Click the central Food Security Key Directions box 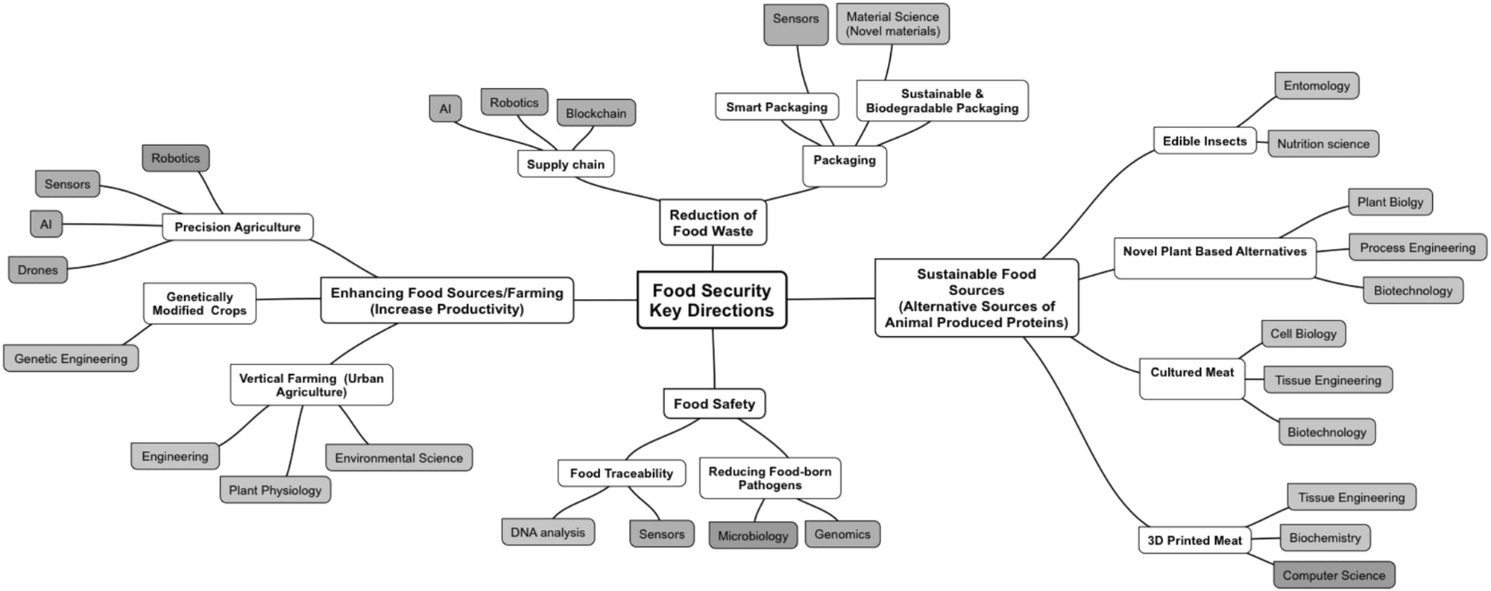pyautogui.click(x=712, y=300)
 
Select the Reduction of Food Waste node pyautogui.click(x=713, y=223)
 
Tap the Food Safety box pyautogui.click(x=714, y=404)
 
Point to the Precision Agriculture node pyautogui.click(x=237, y=227)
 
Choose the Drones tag pyautogui.click(x=38, y=270)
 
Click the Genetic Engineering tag pyautogui.click(x=71, y=358)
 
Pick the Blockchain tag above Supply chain pyautogui.click(x=596, y=113)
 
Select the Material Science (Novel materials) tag pyautogui.click(x=892, y=24)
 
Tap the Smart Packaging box pyautogui.click(x=777, y=107)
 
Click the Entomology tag pyautogui.click(x=1317, y=86)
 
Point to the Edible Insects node pyautogui.click(x=1204, y=141)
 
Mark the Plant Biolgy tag pyautogui.click(x=1390, y=202)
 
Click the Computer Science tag pyautogui.click(x=1334, y=575)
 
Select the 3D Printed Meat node pyautogui.click(x=1194, y=540)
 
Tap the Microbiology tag pyautogui.click(x=753, y=536)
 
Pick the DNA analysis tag pyautogui.click(x=548, y=532)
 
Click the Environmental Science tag pyautogui.click(x=399, y=458)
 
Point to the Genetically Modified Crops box pyautogui.click(x=200, y=303)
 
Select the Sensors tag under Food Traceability pyautogui.click(x=661, y=534)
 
